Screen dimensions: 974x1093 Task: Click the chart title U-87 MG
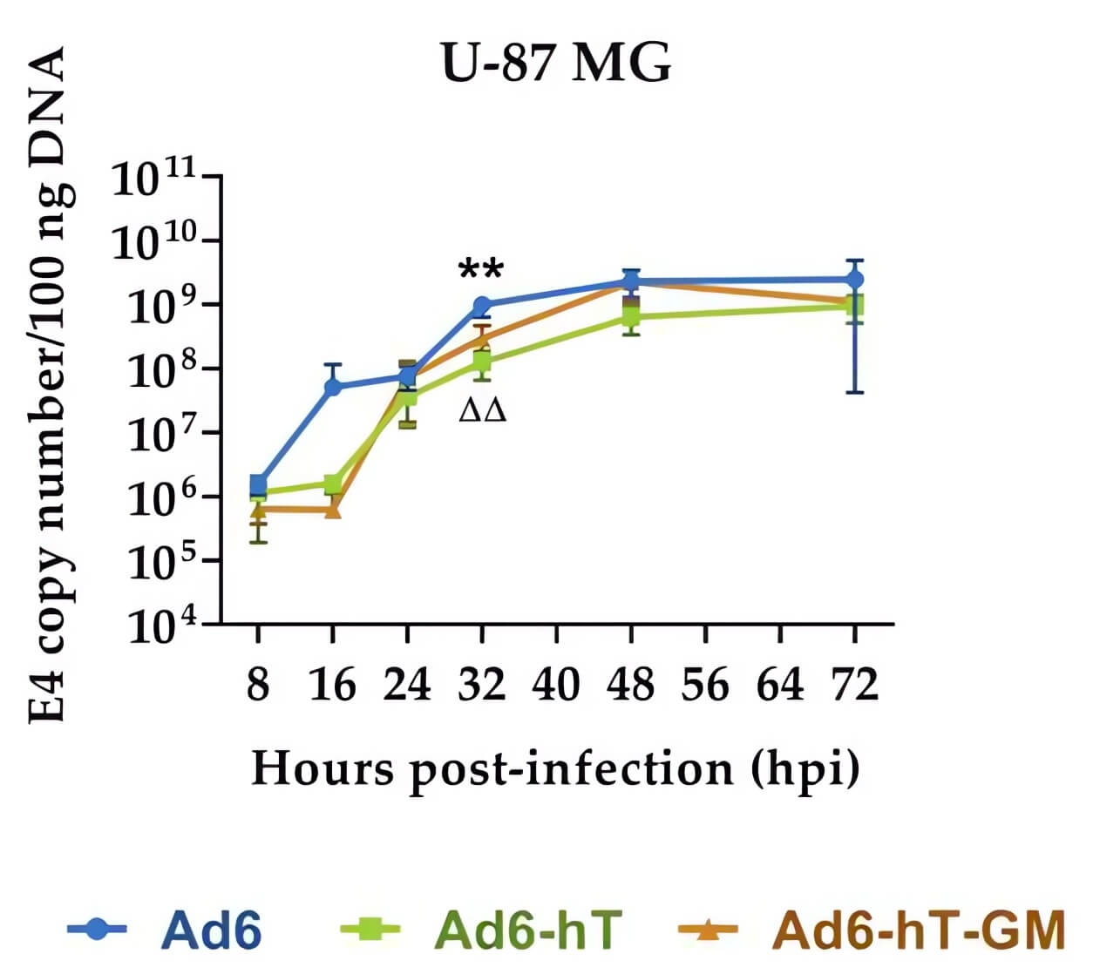(556, 63)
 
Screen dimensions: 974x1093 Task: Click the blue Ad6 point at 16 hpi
(332, 386)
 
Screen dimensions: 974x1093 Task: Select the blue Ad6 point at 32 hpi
(481, 305)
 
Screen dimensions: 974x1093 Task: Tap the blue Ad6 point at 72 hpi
(855, 280)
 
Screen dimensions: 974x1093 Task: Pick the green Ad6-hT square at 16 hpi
(332, 484)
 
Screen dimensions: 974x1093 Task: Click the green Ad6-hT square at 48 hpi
(631, 316)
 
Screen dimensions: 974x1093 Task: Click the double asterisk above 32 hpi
(481, 271)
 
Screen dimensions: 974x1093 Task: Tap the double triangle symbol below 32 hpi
(482, 409)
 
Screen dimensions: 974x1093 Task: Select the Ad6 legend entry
(166, 930)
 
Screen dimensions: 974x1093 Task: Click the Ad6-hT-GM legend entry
(872, 930)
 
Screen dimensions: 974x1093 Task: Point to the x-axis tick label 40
(556, 685)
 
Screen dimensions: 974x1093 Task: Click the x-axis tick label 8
(258, 685)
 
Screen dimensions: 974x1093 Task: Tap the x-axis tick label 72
(855, 685)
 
